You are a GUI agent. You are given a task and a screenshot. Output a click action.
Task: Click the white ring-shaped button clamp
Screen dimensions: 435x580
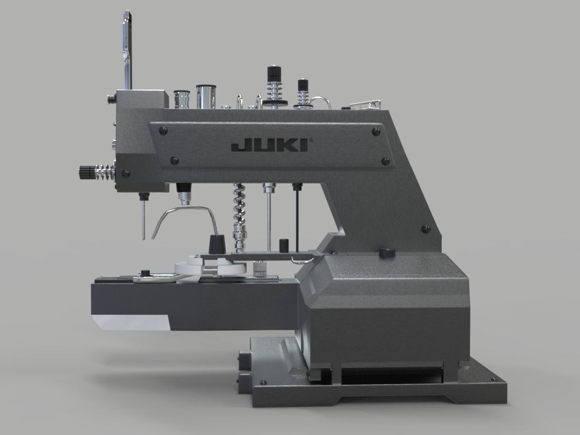coord(188,268)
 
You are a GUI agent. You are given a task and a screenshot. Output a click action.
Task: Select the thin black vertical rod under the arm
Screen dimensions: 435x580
coord(296,217)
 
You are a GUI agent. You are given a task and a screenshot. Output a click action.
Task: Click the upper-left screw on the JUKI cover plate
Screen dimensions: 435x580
coord(164,129)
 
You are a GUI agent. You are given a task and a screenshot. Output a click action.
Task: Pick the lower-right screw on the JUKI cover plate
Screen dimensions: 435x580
coord(384,161)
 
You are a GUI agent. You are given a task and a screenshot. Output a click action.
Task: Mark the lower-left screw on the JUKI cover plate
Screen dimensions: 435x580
coord(174,160)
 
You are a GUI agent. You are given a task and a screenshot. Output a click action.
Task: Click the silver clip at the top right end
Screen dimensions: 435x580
coord(365,105)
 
